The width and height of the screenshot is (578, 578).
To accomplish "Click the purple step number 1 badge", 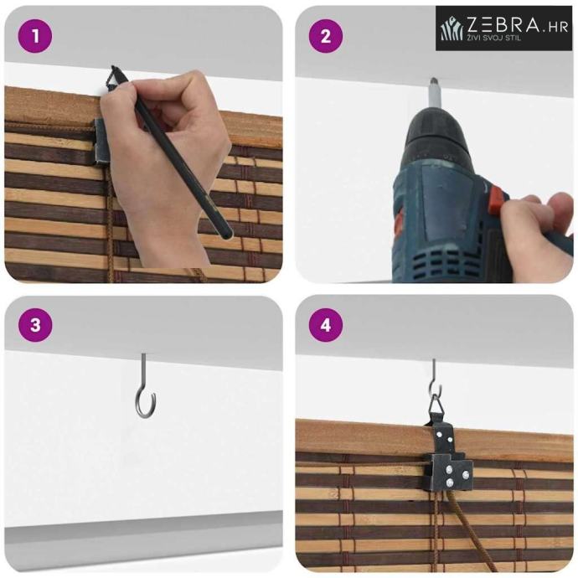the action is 35,36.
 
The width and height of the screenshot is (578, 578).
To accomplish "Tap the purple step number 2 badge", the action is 326,36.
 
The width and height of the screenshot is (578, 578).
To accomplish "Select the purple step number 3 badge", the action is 35,325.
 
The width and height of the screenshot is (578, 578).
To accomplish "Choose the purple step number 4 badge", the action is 326,325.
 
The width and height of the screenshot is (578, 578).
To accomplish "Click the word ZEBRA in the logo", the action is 503,25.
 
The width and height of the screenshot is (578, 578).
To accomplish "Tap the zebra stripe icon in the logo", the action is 452,28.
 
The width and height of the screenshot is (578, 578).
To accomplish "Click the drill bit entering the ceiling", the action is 434,94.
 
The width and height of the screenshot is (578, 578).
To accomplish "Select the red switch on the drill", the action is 498,201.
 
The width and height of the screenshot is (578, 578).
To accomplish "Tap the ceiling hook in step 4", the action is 436,379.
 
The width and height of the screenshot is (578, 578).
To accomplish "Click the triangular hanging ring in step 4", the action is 436,406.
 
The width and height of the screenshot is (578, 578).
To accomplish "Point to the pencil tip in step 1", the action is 112,67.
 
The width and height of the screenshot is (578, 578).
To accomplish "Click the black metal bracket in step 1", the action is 99,142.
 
